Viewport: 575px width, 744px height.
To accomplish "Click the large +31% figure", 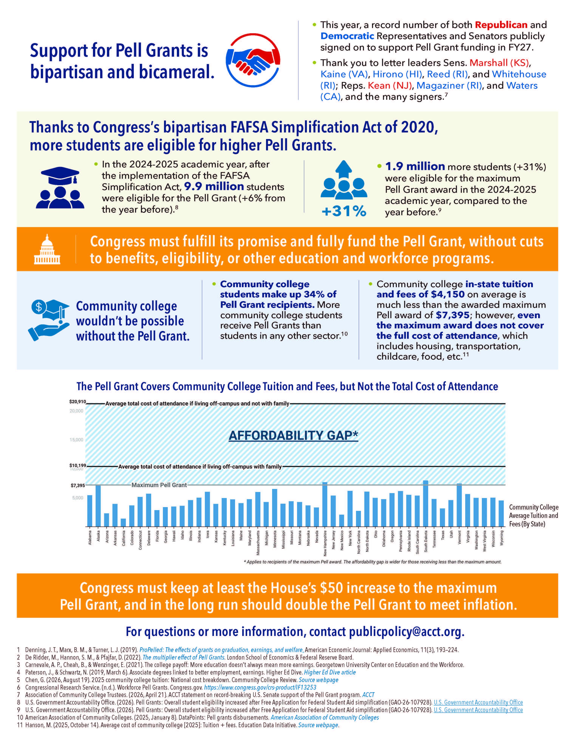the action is tap(344, 211).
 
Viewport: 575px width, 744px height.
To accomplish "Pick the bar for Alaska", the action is tap(98, 506).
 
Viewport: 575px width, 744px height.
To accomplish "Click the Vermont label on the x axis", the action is tap(460, 537).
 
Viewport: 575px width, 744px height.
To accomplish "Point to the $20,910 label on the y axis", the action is tap(78, 402).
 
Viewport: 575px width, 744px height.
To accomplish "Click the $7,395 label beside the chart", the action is tap(78, 485).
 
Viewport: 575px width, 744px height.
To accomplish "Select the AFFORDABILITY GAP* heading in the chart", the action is tap(293, 435).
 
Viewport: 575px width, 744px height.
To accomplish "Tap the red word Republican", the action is tap(501, 25).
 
